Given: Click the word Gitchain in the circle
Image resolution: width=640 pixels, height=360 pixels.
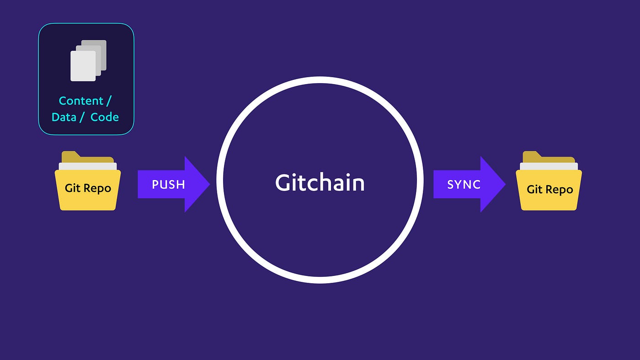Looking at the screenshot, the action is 320,182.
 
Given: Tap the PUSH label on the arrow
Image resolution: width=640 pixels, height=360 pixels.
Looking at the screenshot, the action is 168,185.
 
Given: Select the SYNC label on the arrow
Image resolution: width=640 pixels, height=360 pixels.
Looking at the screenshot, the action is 464,185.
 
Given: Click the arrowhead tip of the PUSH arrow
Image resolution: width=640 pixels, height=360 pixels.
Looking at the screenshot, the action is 210,184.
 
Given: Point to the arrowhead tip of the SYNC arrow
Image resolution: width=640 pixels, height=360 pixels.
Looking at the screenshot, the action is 506,184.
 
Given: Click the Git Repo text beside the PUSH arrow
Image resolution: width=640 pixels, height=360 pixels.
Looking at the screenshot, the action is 88,188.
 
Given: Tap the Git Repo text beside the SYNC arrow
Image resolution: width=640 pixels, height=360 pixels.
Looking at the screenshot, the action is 549,190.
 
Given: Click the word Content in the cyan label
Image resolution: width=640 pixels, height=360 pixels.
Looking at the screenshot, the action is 81,101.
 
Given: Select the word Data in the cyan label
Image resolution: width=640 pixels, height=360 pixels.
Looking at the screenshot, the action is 64,117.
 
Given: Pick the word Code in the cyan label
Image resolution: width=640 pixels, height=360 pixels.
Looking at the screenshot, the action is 104,117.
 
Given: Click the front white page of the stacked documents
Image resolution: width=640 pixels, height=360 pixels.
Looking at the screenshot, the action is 83,66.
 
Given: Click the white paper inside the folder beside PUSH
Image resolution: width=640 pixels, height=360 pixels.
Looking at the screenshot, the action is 88,166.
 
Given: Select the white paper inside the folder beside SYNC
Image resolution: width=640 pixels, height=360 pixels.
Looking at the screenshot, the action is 549,166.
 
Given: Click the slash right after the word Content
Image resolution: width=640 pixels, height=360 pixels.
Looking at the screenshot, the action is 109,101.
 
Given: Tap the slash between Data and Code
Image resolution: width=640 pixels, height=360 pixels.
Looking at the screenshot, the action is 81,117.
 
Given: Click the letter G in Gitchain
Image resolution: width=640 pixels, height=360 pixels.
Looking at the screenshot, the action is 283,182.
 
